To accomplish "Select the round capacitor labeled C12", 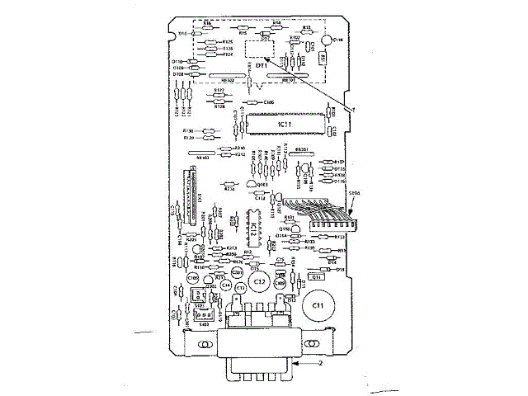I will pyautogui.click(x=258, y=281).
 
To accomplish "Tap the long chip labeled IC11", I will pyautogui.click(x=282, y=124).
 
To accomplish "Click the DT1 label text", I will pyautogui.click(x=262, y=64).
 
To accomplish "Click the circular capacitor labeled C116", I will pyautogui.click(x=328, y=40).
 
